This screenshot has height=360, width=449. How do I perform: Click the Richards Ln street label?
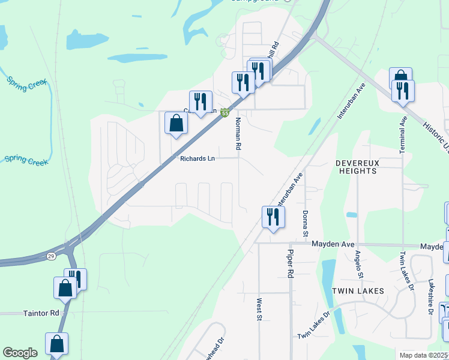[197, 159]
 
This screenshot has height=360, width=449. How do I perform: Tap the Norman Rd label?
[238, 133]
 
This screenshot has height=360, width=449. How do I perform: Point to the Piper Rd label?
[291, 264]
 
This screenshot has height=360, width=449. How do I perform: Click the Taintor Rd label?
[41, 313]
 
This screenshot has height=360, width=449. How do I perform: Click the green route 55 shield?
[224, 113]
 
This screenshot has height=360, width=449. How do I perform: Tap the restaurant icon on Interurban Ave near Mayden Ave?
[273, 217]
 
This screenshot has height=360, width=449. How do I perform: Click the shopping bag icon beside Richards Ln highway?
[176, 123]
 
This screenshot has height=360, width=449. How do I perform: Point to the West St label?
[260, 309]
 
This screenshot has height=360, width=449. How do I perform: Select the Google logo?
[20, 353]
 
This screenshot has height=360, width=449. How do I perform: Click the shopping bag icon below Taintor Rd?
[57, 344]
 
